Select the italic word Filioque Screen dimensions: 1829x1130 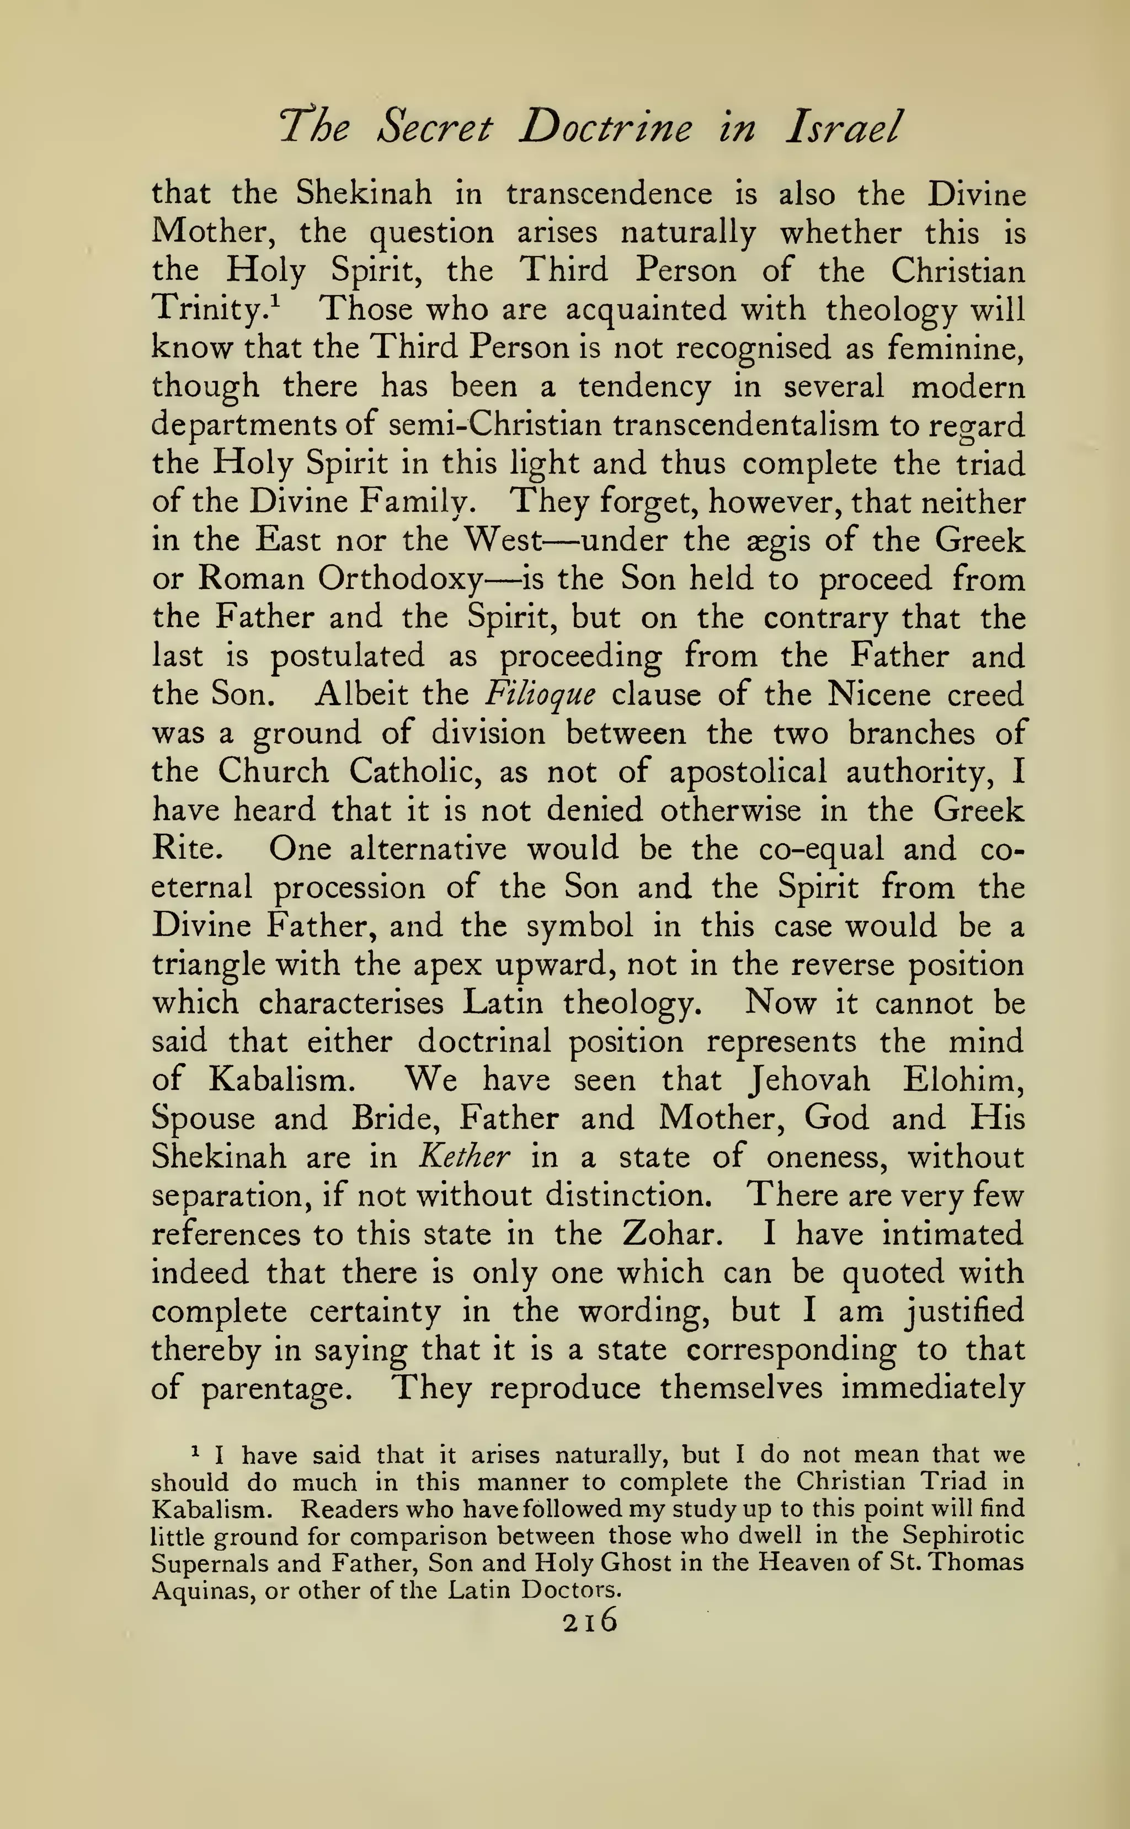pos(540,696)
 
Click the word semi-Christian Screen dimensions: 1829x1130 pos(495,426)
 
